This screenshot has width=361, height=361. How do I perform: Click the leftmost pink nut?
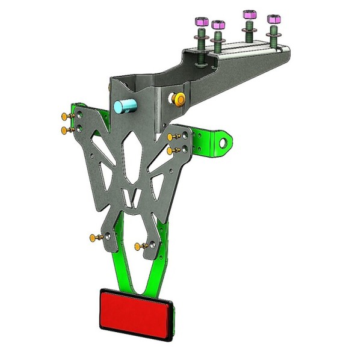[x=200, y=23]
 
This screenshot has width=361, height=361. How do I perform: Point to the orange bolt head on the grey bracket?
[x=179, y=98]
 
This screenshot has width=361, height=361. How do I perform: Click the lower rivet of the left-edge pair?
[x=63, y=129]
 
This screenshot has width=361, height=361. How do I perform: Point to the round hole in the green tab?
[x=225, y=143]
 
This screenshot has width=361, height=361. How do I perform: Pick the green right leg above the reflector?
[x=158, y=265]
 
